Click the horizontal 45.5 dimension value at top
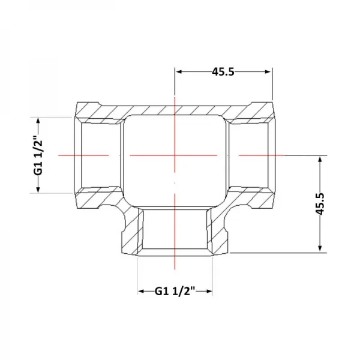223,72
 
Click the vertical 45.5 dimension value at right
320,203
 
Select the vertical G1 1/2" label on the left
38,155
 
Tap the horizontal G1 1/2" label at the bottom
175,292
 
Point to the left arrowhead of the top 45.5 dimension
179,72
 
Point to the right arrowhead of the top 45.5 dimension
268,72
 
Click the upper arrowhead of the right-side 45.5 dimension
320,159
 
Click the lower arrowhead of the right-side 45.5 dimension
320,249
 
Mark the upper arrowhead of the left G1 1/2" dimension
38,121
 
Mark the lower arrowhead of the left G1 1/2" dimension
38,190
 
